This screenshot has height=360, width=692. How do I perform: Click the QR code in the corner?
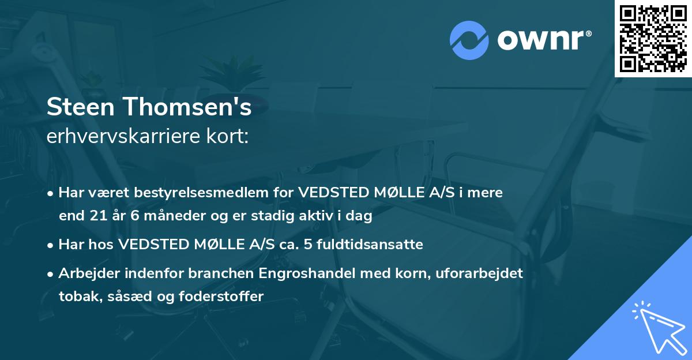653,38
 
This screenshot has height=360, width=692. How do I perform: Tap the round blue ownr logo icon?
469,40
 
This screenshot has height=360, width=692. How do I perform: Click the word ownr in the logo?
542,40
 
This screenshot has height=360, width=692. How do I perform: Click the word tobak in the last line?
76,297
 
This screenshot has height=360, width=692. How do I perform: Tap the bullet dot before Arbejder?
51,274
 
